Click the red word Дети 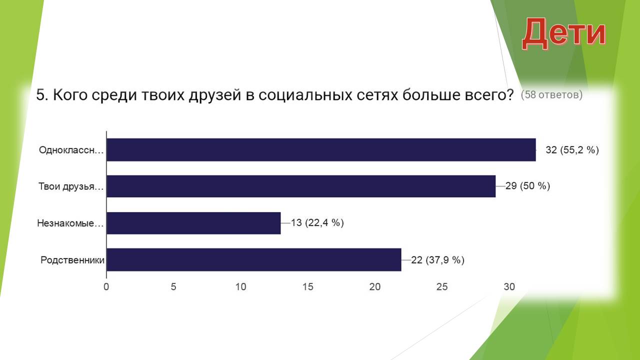(x=563, y=33)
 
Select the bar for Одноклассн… (x=321, y=149)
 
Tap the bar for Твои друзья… (x=301, y=186)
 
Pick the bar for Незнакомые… (x=193, y=223)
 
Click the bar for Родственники (x=254, y=259)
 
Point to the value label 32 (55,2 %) (x=572, y=150)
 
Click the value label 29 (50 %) (x=527, y=186)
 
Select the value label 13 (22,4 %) (x=317, y=222)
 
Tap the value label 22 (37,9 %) (x=437, y=260)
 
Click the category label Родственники (x=72, y=260)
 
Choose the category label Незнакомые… (x=70, y=223)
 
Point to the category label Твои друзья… (x=71, y=186)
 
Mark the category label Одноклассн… (x=71, y=150)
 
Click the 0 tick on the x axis (x=106, y=286)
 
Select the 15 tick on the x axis (x=307, y=286)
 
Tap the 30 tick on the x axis (x=509, y=286)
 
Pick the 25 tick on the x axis (x=442, y=286)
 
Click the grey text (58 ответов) (x=551, y=94)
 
